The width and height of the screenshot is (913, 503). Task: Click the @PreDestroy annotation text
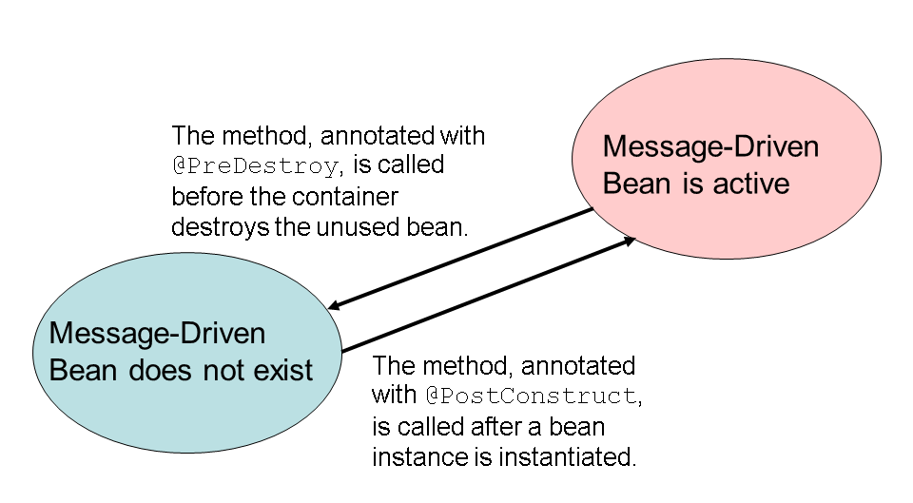click(x=254, y=166)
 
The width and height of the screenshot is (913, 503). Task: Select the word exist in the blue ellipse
click(x=283, y=370)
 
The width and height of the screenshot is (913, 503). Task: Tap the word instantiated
click(x=570, y=455)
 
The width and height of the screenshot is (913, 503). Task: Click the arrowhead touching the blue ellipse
click(x=334, y=306)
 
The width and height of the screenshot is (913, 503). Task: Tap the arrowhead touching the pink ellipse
click(x=629, y=242)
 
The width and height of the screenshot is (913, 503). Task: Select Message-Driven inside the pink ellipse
click(x=710, y=148)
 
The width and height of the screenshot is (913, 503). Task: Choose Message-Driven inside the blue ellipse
click(x=157, y=335)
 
